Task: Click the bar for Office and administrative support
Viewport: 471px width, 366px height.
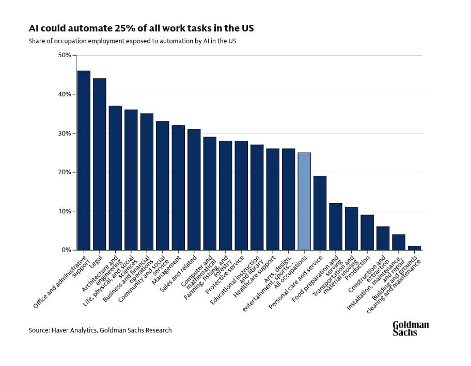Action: point(84,160)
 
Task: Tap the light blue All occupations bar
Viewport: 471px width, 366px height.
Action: point(304,201)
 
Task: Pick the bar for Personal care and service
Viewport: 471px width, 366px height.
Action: point(320,213)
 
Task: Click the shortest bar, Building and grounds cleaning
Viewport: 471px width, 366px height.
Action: point(415,248)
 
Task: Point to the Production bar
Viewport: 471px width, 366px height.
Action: point(367,232)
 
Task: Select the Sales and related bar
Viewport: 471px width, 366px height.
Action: point(194,189)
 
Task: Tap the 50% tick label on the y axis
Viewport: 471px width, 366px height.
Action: point(65,55)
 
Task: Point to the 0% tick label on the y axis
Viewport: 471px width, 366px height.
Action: point(67,250)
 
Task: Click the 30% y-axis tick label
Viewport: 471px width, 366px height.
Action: point(65,133)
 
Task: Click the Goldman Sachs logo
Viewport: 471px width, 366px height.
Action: point(411,328)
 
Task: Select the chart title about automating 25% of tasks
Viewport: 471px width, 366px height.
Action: point(141,28)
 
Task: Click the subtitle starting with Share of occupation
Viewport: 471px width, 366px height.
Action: point(132,41)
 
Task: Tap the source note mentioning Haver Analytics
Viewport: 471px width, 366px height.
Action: point(100,330)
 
